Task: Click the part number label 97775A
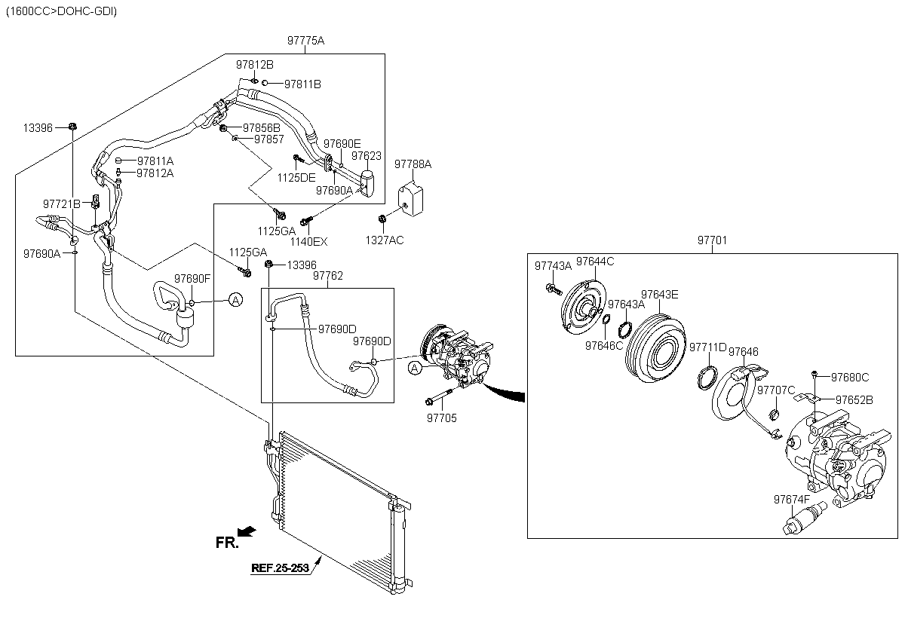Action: pyautogui.click(x=305, y=41)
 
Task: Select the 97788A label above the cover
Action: pyautogui.click(x=413, y=164)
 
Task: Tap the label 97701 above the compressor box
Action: pyautogui.click(x=712, y=240)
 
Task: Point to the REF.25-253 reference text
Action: pyautogui.click(x=280, y=568)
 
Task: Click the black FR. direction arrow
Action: pyautogui.click(x=247, y=531)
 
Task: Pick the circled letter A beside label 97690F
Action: pyautogui.click(x=235, y=300)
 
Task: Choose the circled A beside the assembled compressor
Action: pyautogui.click(x=415, y=368)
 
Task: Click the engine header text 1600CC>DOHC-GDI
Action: pyautogui.click(x=61, y=11)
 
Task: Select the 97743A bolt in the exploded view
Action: pyautogui.click(x=554, y=289)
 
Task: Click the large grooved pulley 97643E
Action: pyautogui.click(x=655, y=348)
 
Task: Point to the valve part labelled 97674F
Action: pyautogui.click(x=805, y=518)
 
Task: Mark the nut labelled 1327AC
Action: pyautogui.click(x=382, y=219)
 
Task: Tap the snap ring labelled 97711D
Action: pyautogui.click(x=707, y=378)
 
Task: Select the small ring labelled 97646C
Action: pyautogui.click(x=606, y=320)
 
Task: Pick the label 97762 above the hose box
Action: pyautogui.click(x=327, y=276)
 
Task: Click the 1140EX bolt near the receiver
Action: pyautogui.click(x=307, y=221)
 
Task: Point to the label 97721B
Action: pyautogui.click(x=61, y=203)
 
